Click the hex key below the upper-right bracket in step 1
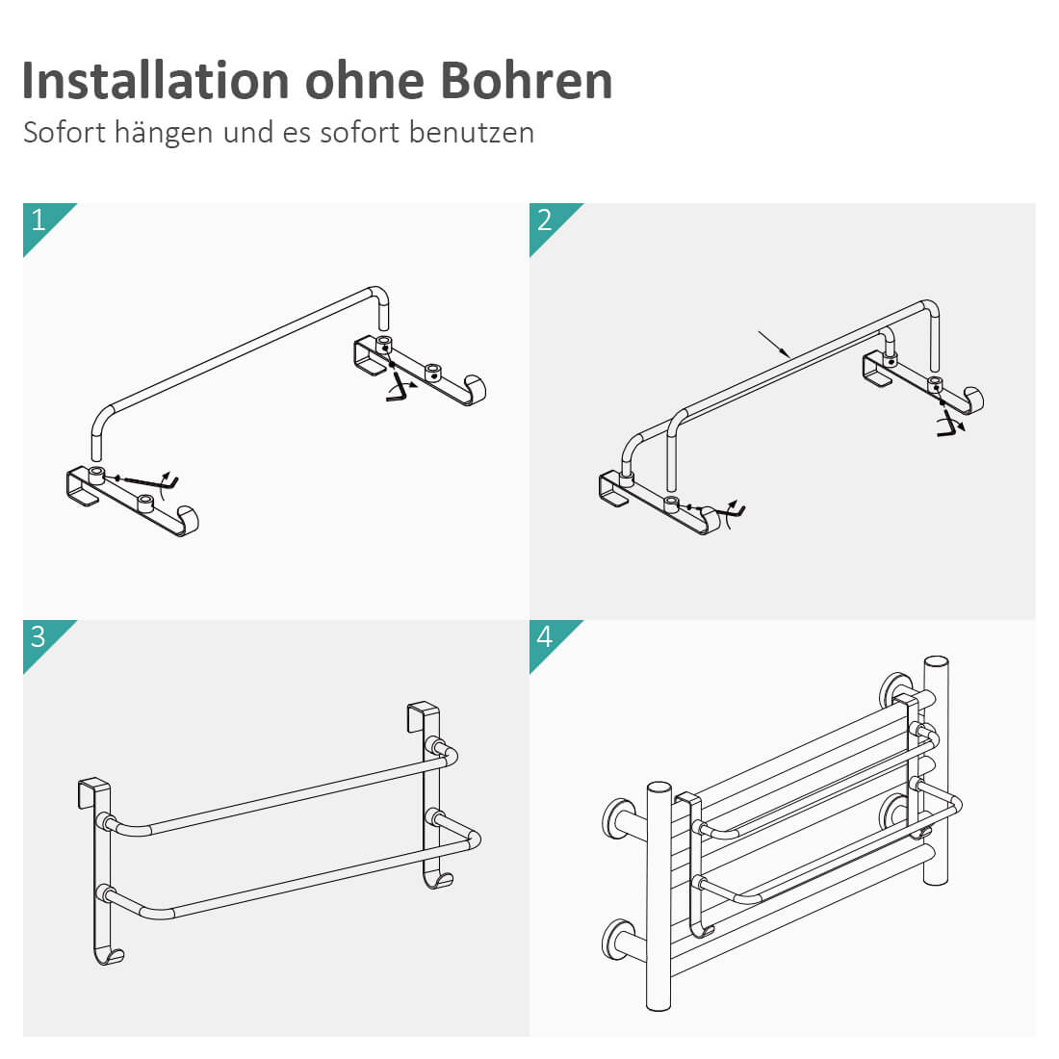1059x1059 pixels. coord(398,388)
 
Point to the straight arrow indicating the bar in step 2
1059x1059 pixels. coord(774,344)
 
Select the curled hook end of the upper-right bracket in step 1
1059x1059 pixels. coord(474,390)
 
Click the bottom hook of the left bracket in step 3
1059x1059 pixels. coord(108,953)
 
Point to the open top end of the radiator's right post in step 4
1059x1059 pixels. coord(936,662)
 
